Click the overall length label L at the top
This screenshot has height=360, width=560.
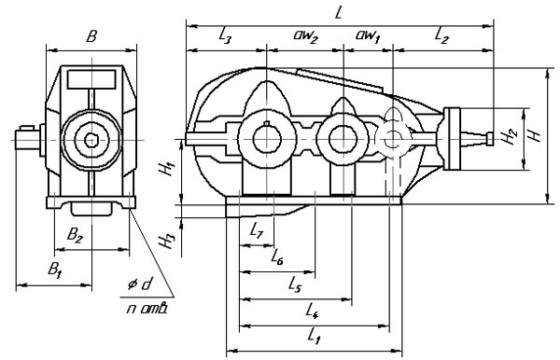coord(339,13)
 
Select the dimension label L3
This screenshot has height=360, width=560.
coord(225,36)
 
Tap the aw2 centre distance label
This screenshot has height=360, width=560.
coord(305,36)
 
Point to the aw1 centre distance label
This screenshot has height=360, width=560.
coord(367,36)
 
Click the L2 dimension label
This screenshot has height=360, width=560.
coord(441,36)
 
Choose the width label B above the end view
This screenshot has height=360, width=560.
coord(91,36)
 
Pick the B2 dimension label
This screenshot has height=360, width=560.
coord(75,235)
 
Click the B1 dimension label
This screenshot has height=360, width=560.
coord(54,270)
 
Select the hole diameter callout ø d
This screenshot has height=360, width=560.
coord(140,284)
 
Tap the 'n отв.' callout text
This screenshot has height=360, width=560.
coord(147,308)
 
